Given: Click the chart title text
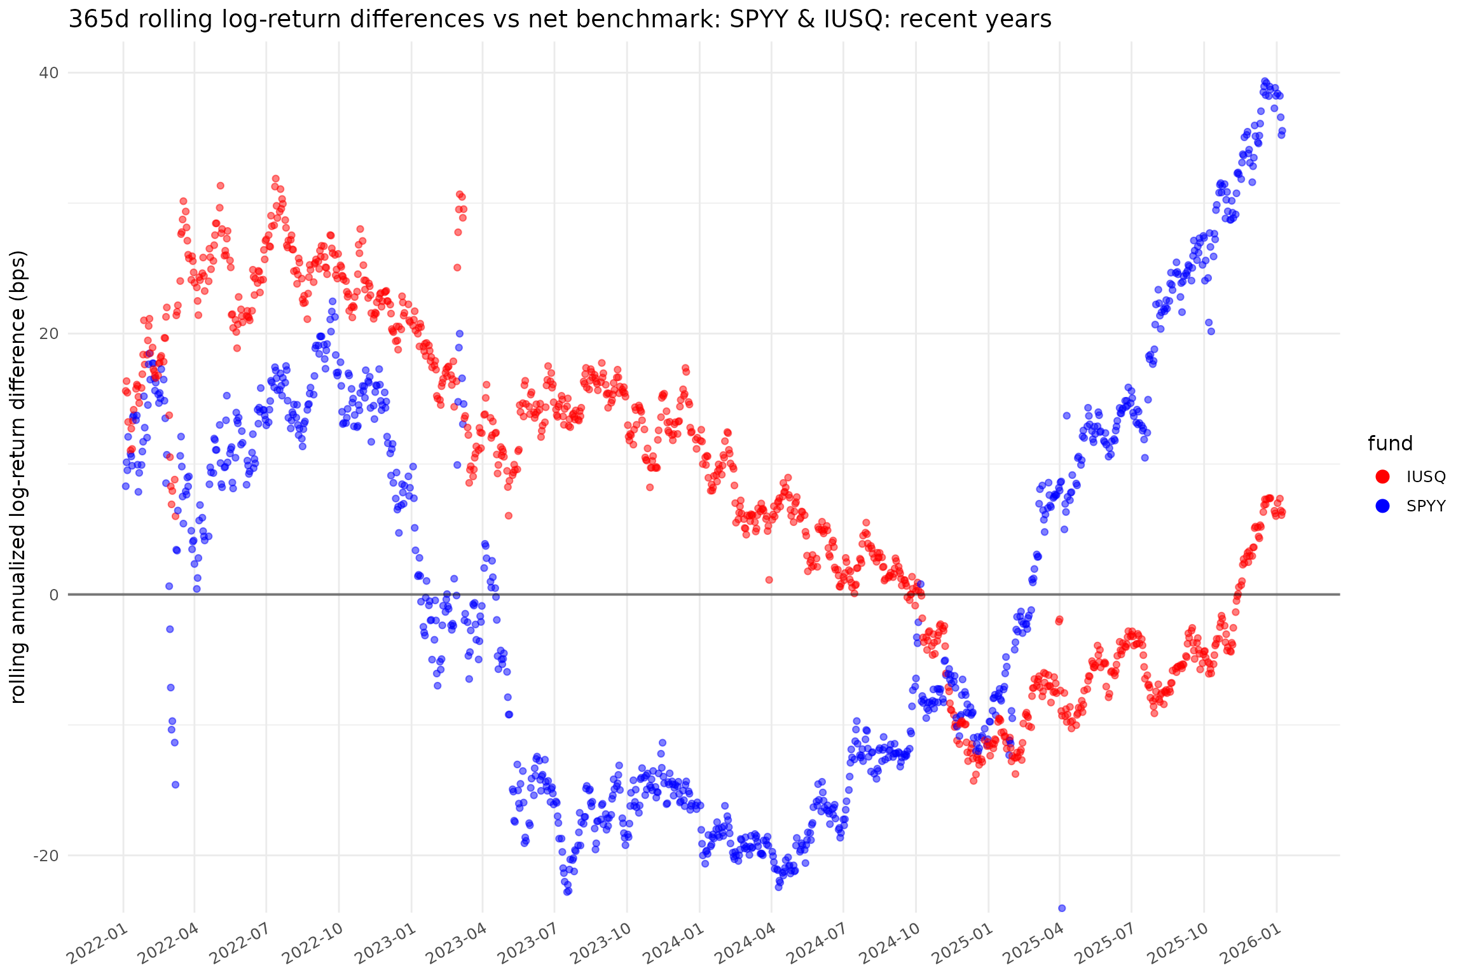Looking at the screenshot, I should [560, 20].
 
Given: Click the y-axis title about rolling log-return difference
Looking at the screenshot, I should [18, 476].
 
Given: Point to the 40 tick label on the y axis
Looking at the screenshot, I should [48, 73].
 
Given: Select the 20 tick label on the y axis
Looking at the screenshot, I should [48, 334].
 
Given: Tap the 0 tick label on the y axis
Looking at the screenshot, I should [53, 595].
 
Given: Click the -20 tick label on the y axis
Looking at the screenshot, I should [45, 856].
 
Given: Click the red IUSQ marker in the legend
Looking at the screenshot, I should [1382, 476].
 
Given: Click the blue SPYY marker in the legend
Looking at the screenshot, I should [1382, 506].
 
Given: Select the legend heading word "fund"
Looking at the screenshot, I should [1390, 443].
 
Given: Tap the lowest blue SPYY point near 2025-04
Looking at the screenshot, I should [1061, 908].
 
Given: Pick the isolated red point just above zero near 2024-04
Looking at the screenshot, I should [769, 579].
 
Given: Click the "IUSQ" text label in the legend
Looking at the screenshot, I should [1426, 476].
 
